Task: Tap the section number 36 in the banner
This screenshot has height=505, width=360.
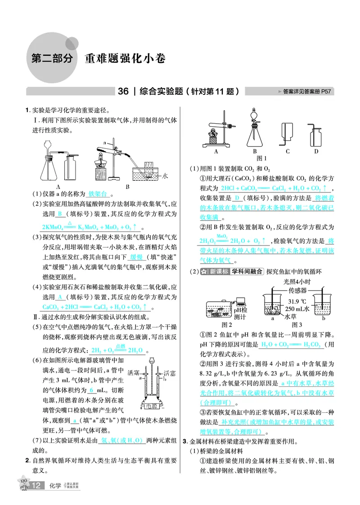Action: (123, 92)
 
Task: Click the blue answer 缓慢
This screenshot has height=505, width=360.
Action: (135, 257)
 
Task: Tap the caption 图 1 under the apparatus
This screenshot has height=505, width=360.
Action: (261, 158)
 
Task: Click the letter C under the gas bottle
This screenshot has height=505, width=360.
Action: (287, 152)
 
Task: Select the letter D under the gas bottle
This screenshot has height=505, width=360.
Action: (316, 152)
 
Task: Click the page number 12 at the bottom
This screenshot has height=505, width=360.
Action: (37, 486)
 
